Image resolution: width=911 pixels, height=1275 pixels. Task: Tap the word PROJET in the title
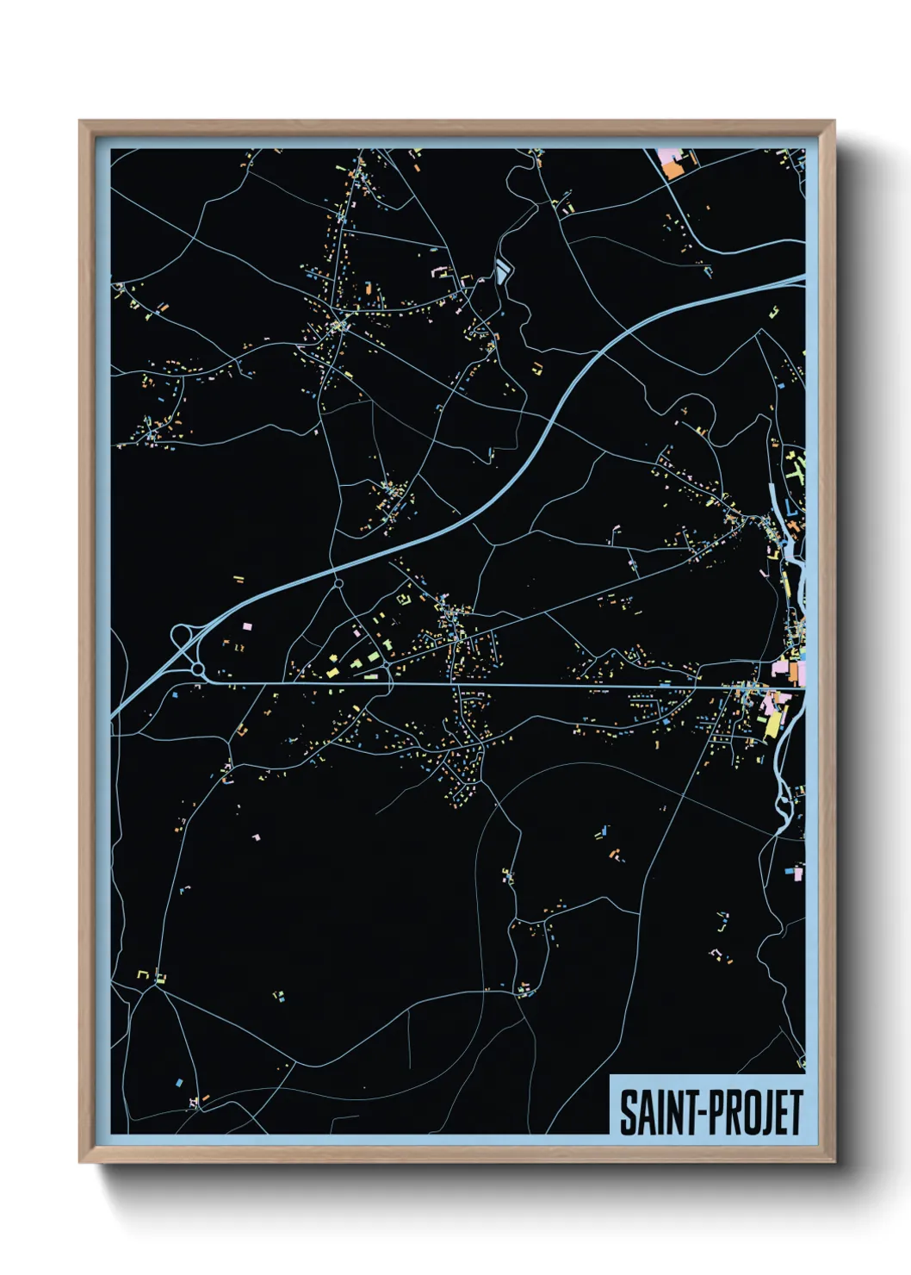[x=752, y=1112]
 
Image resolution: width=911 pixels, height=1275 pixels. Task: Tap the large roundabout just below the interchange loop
[x=198, y=669]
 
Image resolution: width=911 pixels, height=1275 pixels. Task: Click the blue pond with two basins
[x=502, y=272]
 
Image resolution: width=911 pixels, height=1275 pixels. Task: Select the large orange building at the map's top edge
[x=672, y=170]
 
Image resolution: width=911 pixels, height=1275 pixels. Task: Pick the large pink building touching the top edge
[x=666, y=156]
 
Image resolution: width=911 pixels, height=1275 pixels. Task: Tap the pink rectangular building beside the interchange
[x=246, y=626]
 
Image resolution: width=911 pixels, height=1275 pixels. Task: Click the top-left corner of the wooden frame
[x=80, y=121]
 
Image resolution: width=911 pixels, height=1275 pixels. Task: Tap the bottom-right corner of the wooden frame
[x=834, y=1162]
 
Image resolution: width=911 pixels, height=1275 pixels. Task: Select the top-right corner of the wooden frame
[x=834, y=121]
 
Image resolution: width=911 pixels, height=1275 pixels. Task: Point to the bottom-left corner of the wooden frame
[x=80, y=1162]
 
